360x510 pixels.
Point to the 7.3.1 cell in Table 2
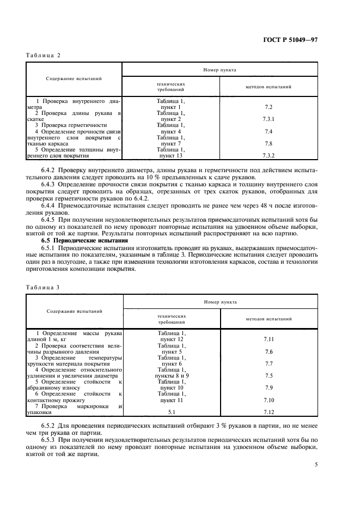click(x=269, y=119)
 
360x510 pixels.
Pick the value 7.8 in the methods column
click(x=269, y=144)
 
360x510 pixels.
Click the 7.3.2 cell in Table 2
click(x=269, y=156)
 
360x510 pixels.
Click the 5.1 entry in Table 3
click(x=171, y=412)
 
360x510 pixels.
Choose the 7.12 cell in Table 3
click(x=269, y=412)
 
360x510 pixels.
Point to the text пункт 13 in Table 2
click(x=171, y=156)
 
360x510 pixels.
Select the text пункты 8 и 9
click(x=171, y=375)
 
